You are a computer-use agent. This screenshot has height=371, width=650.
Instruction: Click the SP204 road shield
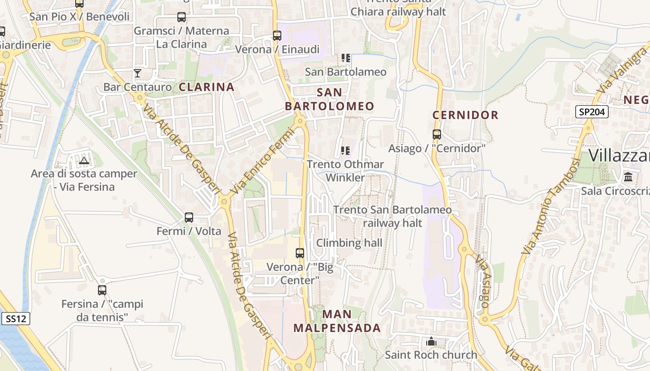pos(592,112)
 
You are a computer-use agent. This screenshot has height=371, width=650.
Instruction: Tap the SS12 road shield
pos(16,319)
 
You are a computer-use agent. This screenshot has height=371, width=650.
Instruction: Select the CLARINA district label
pos(207,87)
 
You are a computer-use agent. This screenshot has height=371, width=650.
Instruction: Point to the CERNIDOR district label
pos(465,115)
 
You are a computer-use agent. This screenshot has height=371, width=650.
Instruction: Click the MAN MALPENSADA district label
pos(337,321)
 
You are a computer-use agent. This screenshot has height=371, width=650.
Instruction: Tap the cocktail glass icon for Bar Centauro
pos(137,73)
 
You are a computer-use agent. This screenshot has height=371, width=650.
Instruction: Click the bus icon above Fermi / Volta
pos(188,217)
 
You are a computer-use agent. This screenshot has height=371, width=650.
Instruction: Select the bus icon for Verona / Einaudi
pos(277,35)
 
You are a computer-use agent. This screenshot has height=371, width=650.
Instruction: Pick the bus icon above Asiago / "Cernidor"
pos(437,134)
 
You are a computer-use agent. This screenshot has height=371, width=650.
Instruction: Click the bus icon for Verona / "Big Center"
pos(300,253)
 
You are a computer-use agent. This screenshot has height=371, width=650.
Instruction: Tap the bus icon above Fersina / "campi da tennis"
pos(102,290)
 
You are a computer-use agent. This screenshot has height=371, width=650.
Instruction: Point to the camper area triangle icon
pos(84,160)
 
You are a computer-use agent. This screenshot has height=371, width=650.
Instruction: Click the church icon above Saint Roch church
pos(431,342)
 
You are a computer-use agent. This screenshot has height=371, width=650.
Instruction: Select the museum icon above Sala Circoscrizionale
pos(629,177)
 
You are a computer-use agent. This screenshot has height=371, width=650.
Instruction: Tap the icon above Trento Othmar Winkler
pos(345,150)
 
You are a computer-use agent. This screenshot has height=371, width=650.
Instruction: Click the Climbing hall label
pos(349,243)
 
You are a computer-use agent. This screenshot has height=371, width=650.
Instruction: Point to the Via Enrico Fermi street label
pos(263,161)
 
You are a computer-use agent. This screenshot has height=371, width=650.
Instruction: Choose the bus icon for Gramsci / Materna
pos(182,18)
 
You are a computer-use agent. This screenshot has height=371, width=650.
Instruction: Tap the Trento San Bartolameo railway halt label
pos(392,216)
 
